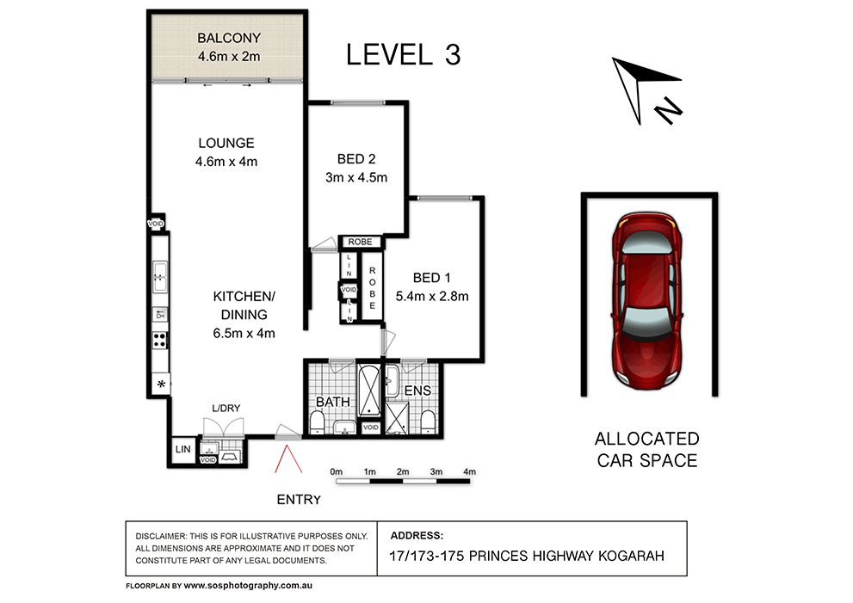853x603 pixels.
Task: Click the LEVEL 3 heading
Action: [403, 55]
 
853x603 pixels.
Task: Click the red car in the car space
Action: [646, 301]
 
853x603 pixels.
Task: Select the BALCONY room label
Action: [228, 38]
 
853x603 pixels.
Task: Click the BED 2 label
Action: [356, 159]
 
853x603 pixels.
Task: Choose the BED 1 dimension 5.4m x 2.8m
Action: [432, 296]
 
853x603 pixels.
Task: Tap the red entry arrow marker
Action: [287, 459]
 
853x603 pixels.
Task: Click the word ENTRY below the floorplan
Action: [299, 500]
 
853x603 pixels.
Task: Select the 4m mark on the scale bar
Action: [469, 472]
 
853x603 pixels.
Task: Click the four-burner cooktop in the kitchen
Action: [159, 341]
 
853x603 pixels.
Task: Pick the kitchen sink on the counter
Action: [159, 276]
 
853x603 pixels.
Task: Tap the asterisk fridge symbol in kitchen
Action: [161, 385]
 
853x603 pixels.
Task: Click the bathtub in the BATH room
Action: [370, 391]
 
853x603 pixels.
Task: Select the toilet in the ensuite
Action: [428, 422]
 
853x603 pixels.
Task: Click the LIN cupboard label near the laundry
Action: [182, 449]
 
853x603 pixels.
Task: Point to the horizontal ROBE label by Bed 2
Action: [360, 242]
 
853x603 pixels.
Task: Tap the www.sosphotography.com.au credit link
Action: [248, 586]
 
